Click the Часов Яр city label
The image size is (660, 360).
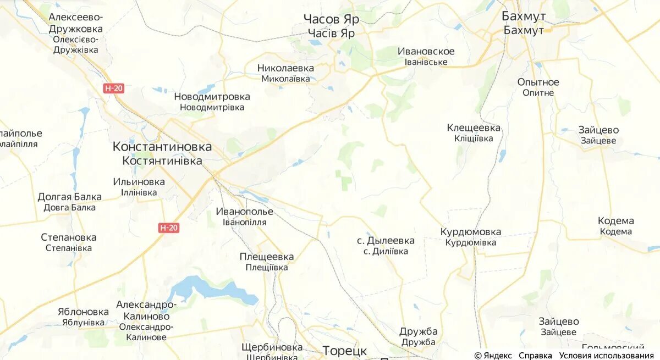[x=331, y=20]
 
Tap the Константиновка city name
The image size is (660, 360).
[x=162, y=147]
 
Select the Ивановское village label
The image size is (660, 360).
[x=426, y=52]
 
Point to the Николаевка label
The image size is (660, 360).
[x=285, y=68]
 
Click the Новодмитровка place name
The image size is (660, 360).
[x=212, y=97]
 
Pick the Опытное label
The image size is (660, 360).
[x=538, y=82]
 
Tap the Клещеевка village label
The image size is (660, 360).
[x=474, y=128]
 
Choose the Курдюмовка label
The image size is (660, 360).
[x=470, y=232]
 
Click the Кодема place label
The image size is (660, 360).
[x=615, y=221]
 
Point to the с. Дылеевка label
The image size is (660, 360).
[x=386, y=241]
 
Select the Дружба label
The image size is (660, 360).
[x=419, y=331]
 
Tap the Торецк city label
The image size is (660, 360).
[x=344, y=350]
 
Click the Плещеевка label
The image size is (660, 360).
[x=267, y=257]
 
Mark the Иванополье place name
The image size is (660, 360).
[x=244, y=212]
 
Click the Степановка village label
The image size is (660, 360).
[x=69, y=237]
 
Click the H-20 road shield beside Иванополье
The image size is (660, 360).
[x=169, y=228]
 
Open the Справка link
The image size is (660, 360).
[x=535, y=355]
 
